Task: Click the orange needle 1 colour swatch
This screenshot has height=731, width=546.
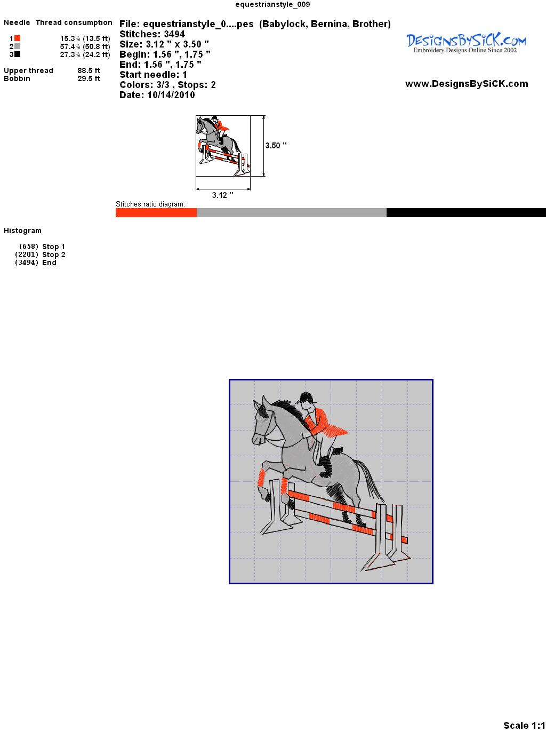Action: [17, 38]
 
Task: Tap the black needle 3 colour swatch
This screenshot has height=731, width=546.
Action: [17, 54]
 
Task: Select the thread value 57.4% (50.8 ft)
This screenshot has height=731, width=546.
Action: [85, 46]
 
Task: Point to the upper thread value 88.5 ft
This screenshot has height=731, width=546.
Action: [89, 70]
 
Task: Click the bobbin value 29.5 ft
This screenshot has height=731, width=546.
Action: [89, 78]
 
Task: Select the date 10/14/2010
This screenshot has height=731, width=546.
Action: [171, 95]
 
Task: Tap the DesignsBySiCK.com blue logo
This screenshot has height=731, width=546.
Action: [466, 43]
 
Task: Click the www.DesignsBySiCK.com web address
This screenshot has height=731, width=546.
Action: [467, 84]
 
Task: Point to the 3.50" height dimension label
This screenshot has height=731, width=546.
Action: [276, 146]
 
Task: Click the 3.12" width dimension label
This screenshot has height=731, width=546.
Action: [222, 195]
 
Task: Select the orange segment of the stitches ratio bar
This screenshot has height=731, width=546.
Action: [156, 212]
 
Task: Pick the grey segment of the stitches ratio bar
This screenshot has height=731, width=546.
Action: [292, 212]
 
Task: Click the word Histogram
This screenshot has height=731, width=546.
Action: [22, 231]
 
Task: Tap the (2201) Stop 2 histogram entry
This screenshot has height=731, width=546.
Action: [40, 255]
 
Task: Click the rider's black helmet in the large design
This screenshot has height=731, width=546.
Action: [306, 398]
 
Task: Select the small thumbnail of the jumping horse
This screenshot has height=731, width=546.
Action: [223, 146]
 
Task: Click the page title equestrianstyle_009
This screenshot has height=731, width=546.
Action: [273, 4]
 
